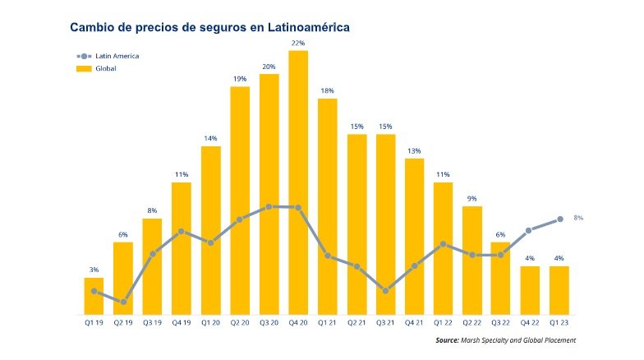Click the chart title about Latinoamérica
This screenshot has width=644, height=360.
(x=210, y=28)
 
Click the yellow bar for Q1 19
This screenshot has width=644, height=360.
(x=94, y=297)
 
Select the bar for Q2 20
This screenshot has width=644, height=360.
(x=240, y=201)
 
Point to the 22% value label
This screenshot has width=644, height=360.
(x=298, y=43)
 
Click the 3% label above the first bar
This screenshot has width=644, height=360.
(x=94, y=270)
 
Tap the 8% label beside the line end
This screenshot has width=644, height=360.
(x=578, y=218)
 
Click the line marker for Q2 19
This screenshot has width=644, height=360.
(x=123, y=302)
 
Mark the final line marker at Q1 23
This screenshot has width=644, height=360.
(x=560, y=219)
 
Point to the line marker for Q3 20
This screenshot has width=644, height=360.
(x=269, y=207)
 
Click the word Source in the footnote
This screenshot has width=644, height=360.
(x=447, y=340)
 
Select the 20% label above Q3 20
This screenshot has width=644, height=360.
(x=269, y=66)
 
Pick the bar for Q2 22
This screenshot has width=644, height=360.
(x=472, y=261)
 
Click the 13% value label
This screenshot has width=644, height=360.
(x=414, y=150)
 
